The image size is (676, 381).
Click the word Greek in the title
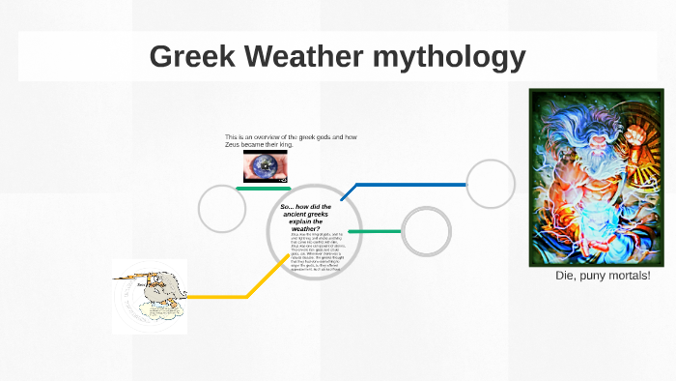191,57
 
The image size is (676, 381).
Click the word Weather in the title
299,57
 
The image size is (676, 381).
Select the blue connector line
406,184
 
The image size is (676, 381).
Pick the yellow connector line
222,295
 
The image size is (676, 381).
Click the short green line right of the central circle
374,231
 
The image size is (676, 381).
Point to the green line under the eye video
265,188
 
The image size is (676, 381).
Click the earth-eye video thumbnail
265,166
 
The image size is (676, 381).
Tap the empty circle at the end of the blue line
492,183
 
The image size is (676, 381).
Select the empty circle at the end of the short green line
426,232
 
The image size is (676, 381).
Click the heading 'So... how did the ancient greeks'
306,212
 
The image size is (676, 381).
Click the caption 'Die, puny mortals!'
603,277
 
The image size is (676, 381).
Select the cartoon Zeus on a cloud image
149,296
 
